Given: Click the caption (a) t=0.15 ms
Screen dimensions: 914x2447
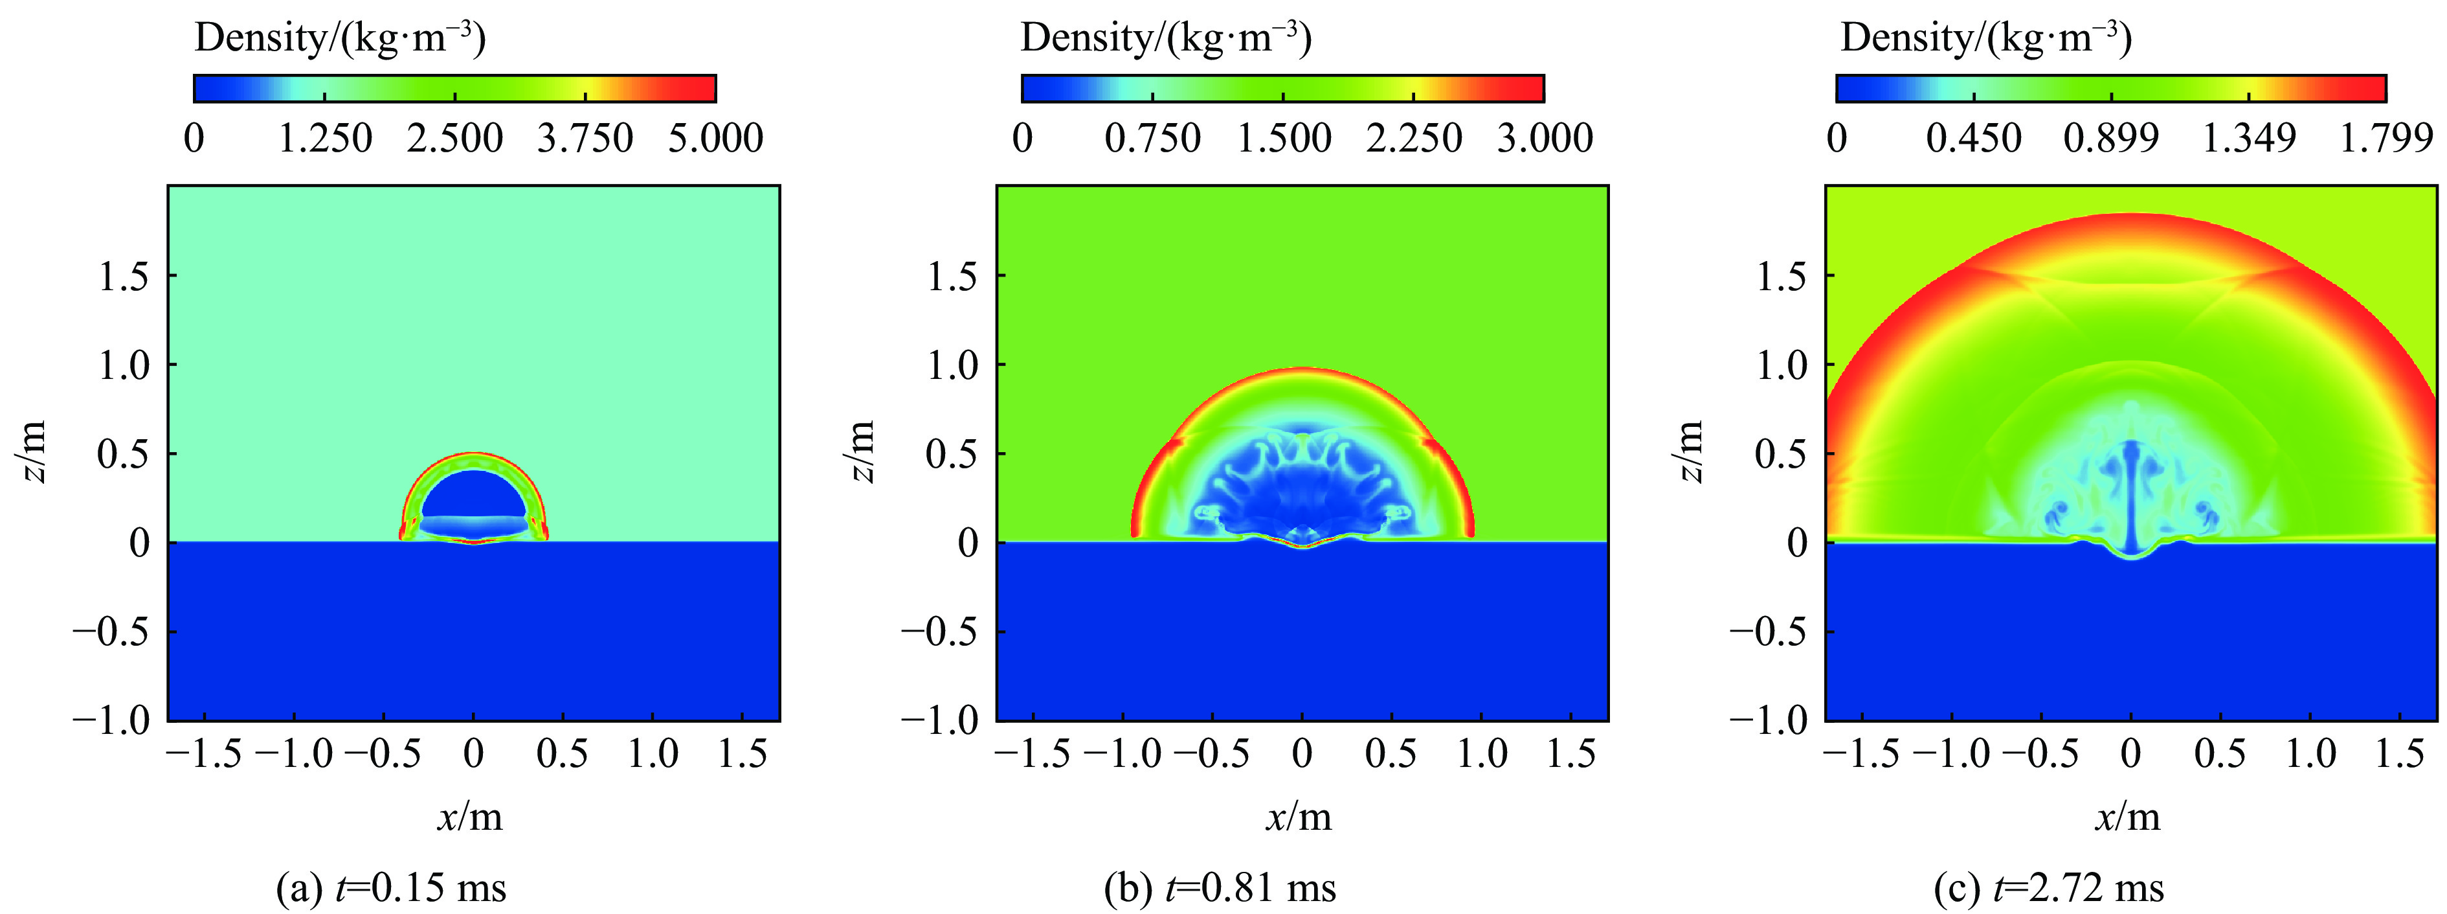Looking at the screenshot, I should coord(390,888).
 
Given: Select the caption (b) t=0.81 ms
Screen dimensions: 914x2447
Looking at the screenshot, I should coord(1220,888).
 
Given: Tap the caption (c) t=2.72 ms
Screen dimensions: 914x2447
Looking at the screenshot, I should coord(2049,888).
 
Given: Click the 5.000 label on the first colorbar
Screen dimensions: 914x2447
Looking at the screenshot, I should coord(715,139).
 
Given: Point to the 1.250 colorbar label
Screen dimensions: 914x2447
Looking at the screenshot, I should coord(325,139).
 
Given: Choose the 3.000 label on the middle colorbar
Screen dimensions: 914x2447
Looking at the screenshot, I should coord(1545,139).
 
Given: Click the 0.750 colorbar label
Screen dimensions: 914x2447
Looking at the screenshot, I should coord(1152,139).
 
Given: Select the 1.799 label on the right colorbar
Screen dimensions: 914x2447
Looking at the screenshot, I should coord(2386,139).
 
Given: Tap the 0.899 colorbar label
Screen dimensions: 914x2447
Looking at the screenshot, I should coord(2111,139).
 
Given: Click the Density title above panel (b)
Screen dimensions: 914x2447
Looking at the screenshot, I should coord(1165,38).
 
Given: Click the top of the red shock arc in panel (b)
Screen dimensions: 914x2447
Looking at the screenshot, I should coord(1302,371).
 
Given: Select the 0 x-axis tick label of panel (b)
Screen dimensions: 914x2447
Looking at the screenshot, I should coord(1302,755).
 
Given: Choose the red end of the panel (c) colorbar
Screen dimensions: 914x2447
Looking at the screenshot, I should coord(2370,88).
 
